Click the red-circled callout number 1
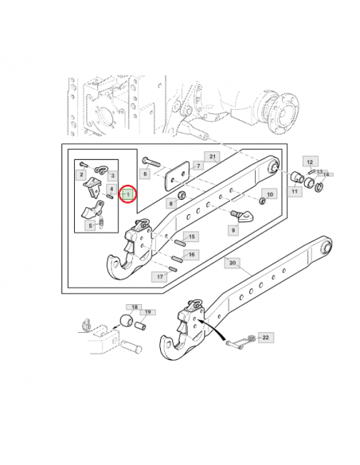(127, 194)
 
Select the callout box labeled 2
(80, 174)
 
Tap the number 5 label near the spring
(89, 226)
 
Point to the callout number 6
(145, 174)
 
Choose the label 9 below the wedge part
(233, 230)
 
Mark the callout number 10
(269, 194)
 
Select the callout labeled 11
(295, 192)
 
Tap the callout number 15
(191, 236)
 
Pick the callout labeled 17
(160, 277)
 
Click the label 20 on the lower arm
(233, 262)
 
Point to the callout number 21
(212, 157)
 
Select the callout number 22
(265, 338)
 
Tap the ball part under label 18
(125, 322)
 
